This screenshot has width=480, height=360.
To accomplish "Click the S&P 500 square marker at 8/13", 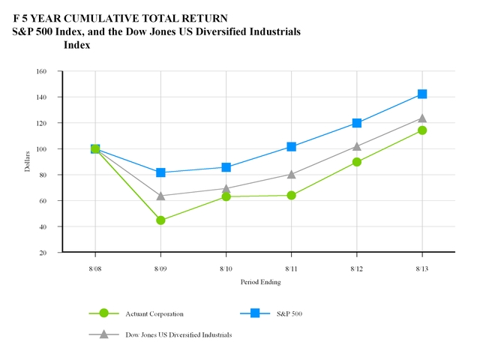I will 422,94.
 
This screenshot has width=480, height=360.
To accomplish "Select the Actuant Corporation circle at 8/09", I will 160,220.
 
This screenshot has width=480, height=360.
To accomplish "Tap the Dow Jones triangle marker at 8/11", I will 291,174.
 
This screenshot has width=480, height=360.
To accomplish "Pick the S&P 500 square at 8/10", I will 226,167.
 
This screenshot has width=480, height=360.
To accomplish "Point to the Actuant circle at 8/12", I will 357,161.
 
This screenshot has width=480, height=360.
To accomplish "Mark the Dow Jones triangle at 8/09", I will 160,196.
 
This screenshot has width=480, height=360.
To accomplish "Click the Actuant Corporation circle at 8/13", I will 422,130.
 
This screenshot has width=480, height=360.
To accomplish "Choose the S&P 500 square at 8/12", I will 357,123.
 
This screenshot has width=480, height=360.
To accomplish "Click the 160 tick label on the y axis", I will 41,71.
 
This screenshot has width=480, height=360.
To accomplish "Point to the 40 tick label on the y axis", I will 43,226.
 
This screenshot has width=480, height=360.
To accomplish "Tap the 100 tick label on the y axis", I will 41,148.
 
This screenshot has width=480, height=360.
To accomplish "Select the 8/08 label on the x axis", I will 95,267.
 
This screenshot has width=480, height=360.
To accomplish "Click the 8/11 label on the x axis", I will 291,267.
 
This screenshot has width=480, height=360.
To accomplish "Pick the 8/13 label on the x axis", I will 422,267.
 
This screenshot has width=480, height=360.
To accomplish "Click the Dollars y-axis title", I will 28,162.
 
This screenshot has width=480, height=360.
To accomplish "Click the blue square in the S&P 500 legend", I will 255,313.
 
